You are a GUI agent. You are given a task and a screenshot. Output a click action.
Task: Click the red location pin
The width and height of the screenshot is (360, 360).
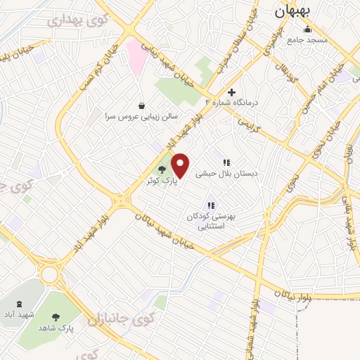point(181,166)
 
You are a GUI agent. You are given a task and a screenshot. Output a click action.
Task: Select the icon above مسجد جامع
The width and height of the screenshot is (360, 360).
point(307,30)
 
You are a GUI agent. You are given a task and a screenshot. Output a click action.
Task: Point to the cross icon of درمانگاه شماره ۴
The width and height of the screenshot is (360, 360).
point(231,92)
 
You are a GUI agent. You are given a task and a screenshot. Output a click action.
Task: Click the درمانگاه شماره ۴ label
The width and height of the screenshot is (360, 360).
point(232,103)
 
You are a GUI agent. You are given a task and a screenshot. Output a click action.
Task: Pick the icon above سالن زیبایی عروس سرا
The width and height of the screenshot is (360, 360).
point(142,105)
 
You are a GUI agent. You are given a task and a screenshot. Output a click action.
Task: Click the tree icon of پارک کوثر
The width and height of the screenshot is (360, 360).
point(162,169)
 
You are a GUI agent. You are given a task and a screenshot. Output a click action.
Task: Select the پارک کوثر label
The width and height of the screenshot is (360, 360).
point(159,181)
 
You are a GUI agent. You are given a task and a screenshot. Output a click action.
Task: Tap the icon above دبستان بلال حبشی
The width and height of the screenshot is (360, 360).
point(226,162)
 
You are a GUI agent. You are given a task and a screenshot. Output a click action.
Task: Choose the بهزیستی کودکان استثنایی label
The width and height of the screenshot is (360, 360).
point(211,221)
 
